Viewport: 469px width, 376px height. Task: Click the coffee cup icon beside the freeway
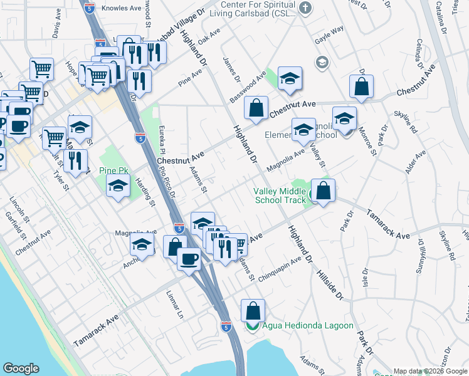pyautogui.click(x=189, y=258)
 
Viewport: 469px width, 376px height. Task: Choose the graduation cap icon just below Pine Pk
pyautogui.click(x=117, y=185)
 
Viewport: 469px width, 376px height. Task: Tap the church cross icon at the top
pyautogui.click(x=305, y=8)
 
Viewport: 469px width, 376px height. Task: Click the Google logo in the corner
pyautogui.click(x=21, y=368)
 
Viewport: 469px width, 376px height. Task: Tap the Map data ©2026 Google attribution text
pyautogui.click(x=429, y=371)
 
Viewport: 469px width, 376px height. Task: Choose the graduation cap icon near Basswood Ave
pyautogui.click(x=290, y=79)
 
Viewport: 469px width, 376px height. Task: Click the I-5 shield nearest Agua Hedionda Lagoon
pyautogui.click(x=226, y=326)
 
